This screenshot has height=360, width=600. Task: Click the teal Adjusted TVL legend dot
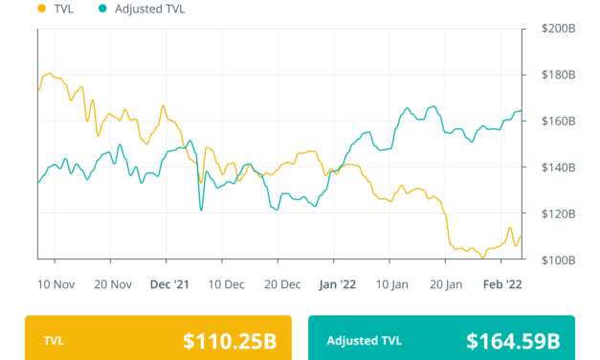101,9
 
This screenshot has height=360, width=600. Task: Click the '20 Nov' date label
113,283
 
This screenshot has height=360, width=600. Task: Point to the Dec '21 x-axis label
168,283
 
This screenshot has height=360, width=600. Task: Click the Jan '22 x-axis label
336,283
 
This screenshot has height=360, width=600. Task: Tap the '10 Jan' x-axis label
391,283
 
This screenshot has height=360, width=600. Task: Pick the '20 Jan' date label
447,283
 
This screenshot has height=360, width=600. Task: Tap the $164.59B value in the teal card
512,340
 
